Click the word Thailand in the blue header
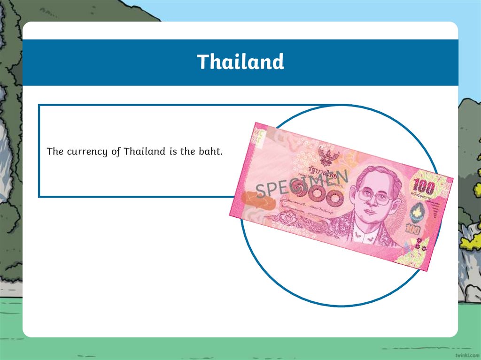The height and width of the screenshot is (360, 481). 240,62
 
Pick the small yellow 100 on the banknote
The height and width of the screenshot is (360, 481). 413,230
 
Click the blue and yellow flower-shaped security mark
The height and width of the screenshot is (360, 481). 417,214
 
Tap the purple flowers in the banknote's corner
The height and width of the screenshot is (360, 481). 420,245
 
